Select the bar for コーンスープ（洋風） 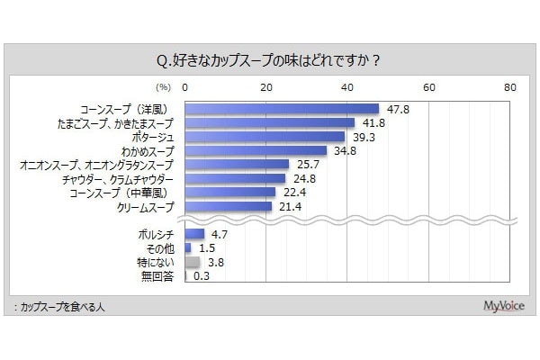tap(282, 108)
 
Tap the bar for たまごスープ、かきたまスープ tap(269, 122)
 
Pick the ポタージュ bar tap(265, 137)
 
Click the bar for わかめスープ tap(256, 150)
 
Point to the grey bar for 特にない tap(192, 262)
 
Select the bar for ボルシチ tap(193, 234)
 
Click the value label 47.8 tap(394, 108)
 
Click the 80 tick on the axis tap(510, 87)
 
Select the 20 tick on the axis tap(266, 87)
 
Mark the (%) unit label tap(163, 88)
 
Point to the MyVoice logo tap(499, 306)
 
